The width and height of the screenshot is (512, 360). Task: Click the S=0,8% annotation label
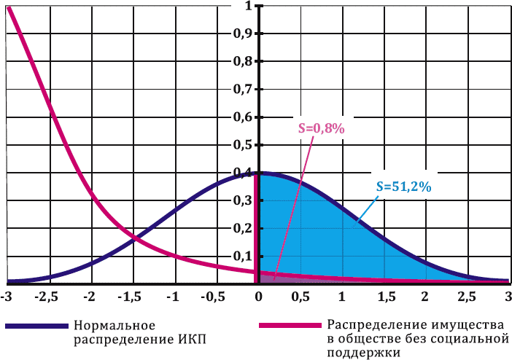[x=322, y=128]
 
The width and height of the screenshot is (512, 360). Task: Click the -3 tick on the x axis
[x=7, y=297]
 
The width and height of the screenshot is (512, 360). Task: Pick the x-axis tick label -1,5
[x=131, y=297]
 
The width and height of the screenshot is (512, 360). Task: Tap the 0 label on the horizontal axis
[x=257, y=297]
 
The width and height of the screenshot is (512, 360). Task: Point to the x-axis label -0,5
[x=214, y=297]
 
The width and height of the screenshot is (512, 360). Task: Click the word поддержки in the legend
[x=364, y=352]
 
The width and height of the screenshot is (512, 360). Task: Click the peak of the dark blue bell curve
[x=257, y=173]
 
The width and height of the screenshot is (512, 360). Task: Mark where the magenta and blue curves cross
[x=133, y=238]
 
